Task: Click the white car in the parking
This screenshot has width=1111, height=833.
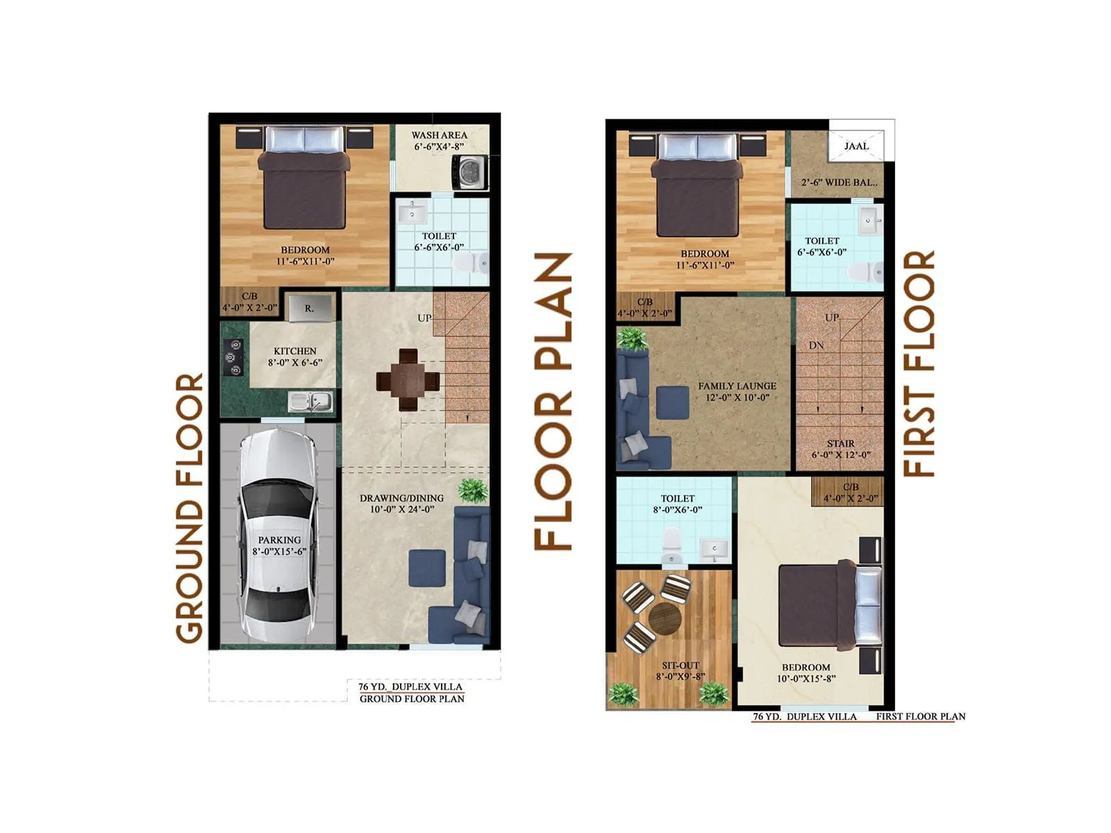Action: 277,535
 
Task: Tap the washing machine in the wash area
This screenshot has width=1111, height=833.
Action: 470,171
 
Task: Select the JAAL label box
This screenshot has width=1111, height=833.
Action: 856,146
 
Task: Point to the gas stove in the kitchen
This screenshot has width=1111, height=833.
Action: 233,357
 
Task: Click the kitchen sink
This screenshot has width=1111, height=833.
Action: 310,401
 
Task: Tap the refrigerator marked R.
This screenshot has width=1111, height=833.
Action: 309,308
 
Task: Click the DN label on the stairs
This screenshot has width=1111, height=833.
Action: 816,345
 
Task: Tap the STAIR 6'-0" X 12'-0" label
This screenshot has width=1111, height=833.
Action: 840,449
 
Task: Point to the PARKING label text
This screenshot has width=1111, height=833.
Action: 279,540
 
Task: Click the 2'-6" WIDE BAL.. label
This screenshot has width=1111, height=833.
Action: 839,183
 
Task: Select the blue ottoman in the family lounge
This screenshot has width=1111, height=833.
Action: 672,403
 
